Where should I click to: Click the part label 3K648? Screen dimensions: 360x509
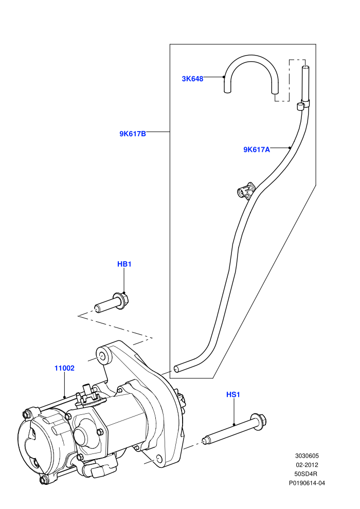point(192,79)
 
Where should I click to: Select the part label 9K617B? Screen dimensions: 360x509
point(133,133)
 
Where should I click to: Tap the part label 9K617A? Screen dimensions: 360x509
point(257,149)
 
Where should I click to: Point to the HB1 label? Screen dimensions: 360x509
point(124,264)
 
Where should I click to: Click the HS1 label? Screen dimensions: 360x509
point(233,394)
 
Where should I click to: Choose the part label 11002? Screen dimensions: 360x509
point(64,368)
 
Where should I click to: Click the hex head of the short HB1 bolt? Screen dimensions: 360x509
point(121,300)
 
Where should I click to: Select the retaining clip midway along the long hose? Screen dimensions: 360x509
point(245,191)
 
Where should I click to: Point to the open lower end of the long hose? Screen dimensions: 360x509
point(176,369)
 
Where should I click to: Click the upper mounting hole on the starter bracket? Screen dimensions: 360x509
point(103,356)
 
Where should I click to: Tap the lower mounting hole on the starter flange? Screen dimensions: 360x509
point(158,458)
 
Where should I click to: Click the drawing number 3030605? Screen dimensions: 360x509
point(307,456)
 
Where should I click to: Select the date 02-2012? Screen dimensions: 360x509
point(307,465)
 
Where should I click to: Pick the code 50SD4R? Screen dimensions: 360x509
point(307,474)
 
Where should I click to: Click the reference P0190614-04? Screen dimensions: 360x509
point(307,483)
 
